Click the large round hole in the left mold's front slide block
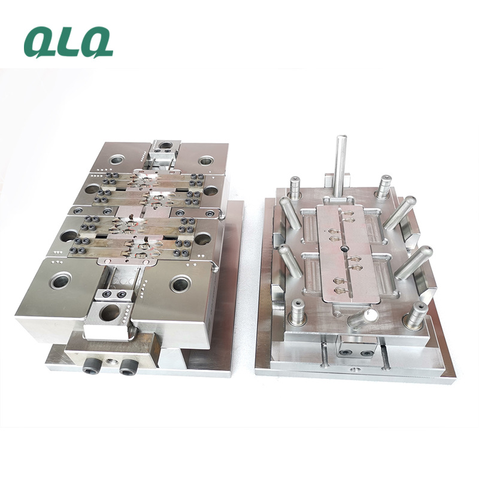point(110,313)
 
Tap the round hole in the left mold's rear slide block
point(166,145)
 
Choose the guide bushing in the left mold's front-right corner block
point(181,284)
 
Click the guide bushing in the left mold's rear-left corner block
point(117,159)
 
